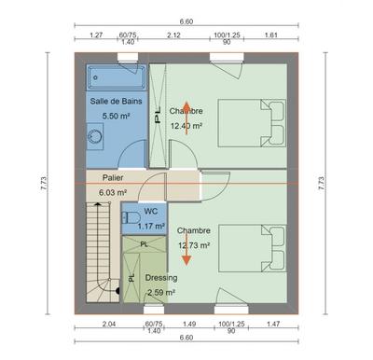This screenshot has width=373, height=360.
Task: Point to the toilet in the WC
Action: coord(127,218)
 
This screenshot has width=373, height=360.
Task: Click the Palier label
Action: coord(113,177)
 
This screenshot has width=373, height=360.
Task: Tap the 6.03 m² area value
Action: coord(113,192)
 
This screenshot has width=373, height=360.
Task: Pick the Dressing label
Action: coord(160,277)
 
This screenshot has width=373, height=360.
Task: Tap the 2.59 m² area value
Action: coord(160,291)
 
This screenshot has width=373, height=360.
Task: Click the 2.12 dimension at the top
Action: coord(173,35)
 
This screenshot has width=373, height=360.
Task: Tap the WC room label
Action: coord(149,212)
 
